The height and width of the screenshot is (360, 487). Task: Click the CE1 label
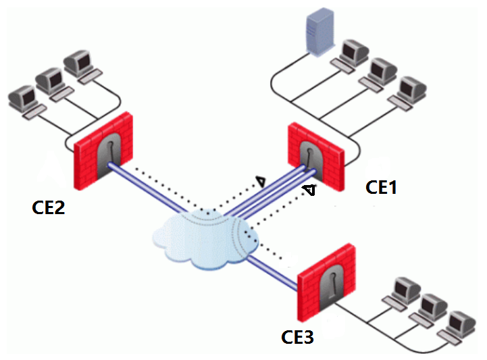381,187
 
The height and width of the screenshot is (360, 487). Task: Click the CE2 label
49,207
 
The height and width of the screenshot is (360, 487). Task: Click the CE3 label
297,336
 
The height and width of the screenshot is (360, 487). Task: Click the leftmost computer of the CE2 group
24,100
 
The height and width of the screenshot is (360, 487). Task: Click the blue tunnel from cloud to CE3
274,274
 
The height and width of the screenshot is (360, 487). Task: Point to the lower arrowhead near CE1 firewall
307,190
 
